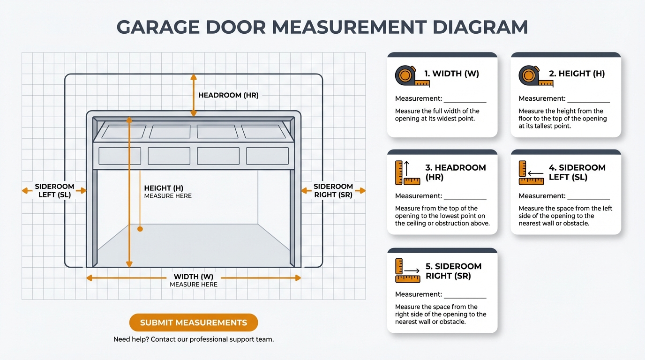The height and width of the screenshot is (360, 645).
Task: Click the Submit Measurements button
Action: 193,322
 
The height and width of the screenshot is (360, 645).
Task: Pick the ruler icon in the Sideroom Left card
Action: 531,173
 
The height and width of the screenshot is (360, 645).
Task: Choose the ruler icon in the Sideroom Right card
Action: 407,271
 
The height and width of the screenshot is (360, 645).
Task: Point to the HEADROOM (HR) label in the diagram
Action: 228,95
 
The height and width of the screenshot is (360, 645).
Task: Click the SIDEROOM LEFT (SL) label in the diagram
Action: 54,190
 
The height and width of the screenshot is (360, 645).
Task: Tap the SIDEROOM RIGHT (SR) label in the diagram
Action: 333,190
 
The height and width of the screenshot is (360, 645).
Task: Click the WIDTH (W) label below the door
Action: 194,277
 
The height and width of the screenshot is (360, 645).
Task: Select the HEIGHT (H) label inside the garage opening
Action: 164,188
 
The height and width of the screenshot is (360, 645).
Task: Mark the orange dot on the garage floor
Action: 140,229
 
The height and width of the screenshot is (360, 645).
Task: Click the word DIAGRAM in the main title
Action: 480,27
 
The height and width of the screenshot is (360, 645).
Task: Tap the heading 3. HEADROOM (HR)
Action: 455,172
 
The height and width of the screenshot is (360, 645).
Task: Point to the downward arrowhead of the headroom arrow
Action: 194,113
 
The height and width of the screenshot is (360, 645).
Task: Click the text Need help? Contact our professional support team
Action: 193,339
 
